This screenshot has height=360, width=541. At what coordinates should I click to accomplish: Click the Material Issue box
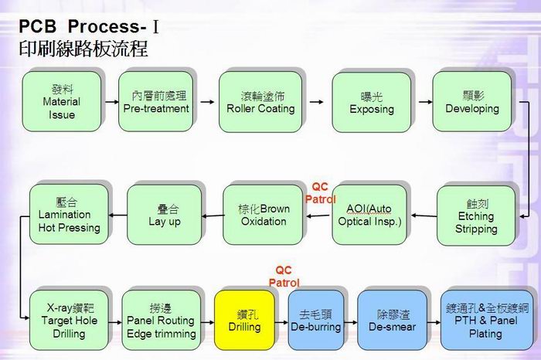[x=61, y=101]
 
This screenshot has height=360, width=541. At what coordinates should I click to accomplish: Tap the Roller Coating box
[x=260, y=101]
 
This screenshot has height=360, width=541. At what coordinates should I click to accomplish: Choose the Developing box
[x=472, y=101]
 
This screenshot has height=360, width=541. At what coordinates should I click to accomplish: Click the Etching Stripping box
[x=476, y=216]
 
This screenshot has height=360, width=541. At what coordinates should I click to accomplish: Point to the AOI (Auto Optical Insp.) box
[x=370, y=215]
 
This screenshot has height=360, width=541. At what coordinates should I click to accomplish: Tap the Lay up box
[x=164, y=215]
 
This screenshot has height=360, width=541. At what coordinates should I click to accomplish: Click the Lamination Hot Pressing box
[x=69, y=214]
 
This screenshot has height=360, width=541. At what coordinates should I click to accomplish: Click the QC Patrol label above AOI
[x=320, y=192]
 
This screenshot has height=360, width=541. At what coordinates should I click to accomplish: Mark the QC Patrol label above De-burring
[x=284, y=277]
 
